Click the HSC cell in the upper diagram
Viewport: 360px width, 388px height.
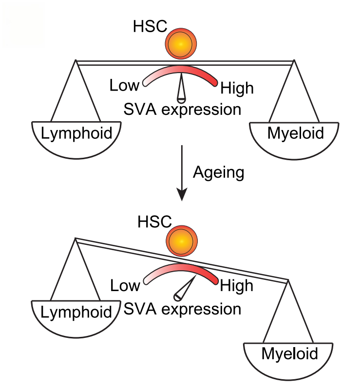point(180,43)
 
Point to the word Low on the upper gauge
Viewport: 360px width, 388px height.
point(125,86)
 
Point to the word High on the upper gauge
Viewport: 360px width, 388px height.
point(237,88)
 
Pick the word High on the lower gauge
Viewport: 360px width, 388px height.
point(237,285)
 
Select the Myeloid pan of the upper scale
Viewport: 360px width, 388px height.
point(295,139)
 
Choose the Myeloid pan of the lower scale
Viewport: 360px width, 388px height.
point(288,358)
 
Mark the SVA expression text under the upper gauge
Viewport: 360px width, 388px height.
point(182,109)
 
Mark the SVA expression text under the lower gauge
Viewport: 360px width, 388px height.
point(182,309)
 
